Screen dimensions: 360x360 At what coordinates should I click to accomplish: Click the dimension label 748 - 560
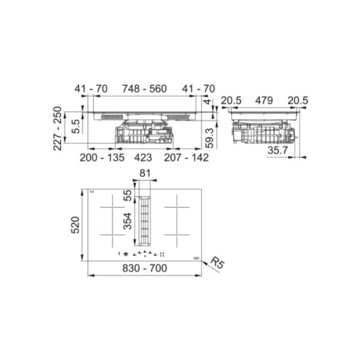144,89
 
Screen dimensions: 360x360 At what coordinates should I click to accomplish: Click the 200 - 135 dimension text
102,157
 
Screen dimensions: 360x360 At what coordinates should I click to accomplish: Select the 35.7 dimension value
277,151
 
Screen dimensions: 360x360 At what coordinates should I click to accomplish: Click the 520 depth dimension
75,225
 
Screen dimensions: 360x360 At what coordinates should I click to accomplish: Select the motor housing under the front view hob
144,135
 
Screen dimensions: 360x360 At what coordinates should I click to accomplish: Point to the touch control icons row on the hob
141,253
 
